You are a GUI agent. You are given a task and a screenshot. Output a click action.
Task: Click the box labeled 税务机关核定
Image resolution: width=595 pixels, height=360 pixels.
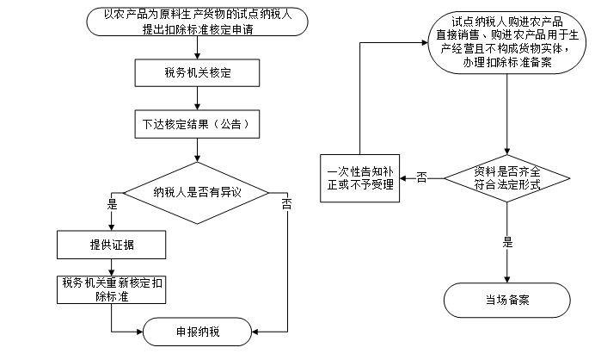[x=197, y=73]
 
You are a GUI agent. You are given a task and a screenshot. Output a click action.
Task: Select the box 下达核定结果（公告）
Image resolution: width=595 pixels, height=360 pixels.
[x=197, y=124]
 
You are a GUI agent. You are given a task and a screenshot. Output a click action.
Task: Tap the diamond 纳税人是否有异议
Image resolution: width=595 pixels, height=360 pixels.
[x=197, y=191]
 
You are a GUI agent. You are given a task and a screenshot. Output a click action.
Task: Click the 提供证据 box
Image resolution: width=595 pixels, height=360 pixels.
[x=112, y=245]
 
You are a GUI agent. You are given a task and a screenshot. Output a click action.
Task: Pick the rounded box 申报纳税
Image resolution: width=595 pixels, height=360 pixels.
[x=197, y=332]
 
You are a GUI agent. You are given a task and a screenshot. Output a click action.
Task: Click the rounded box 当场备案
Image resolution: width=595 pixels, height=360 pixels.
[x=506, y=301]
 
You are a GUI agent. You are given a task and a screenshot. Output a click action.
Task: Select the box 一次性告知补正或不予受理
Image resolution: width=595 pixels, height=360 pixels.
[x=359, y=177]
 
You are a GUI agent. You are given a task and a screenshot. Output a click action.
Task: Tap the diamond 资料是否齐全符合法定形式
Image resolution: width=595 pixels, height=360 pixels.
[x=506, y=178]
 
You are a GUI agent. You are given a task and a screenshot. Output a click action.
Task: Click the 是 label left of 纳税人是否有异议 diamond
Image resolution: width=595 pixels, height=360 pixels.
[x=111, y=205]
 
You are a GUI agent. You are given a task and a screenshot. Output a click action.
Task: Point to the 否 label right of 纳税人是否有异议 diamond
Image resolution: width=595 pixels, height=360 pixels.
[x=286, y=205]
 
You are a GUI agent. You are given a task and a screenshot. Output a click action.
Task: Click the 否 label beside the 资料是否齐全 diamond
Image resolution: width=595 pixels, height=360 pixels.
[x=421, y=177]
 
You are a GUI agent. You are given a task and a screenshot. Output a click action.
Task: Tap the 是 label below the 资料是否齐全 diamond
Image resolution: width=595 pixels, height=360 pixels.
[x=507, y=242]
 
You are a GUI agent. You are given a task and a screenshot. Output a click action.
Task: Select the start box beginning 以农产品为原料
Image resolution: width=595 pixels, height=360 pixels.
[x=197, y=21]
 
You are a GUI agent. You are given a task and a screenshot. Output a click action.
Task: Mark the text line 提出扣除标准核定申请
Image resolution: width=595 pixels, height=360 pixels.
[x=197, y=28]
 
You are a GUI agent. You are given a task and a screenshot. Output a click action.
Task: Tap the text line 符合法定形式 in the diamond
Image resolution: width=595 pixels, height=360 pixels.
[x=506, y=184]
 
